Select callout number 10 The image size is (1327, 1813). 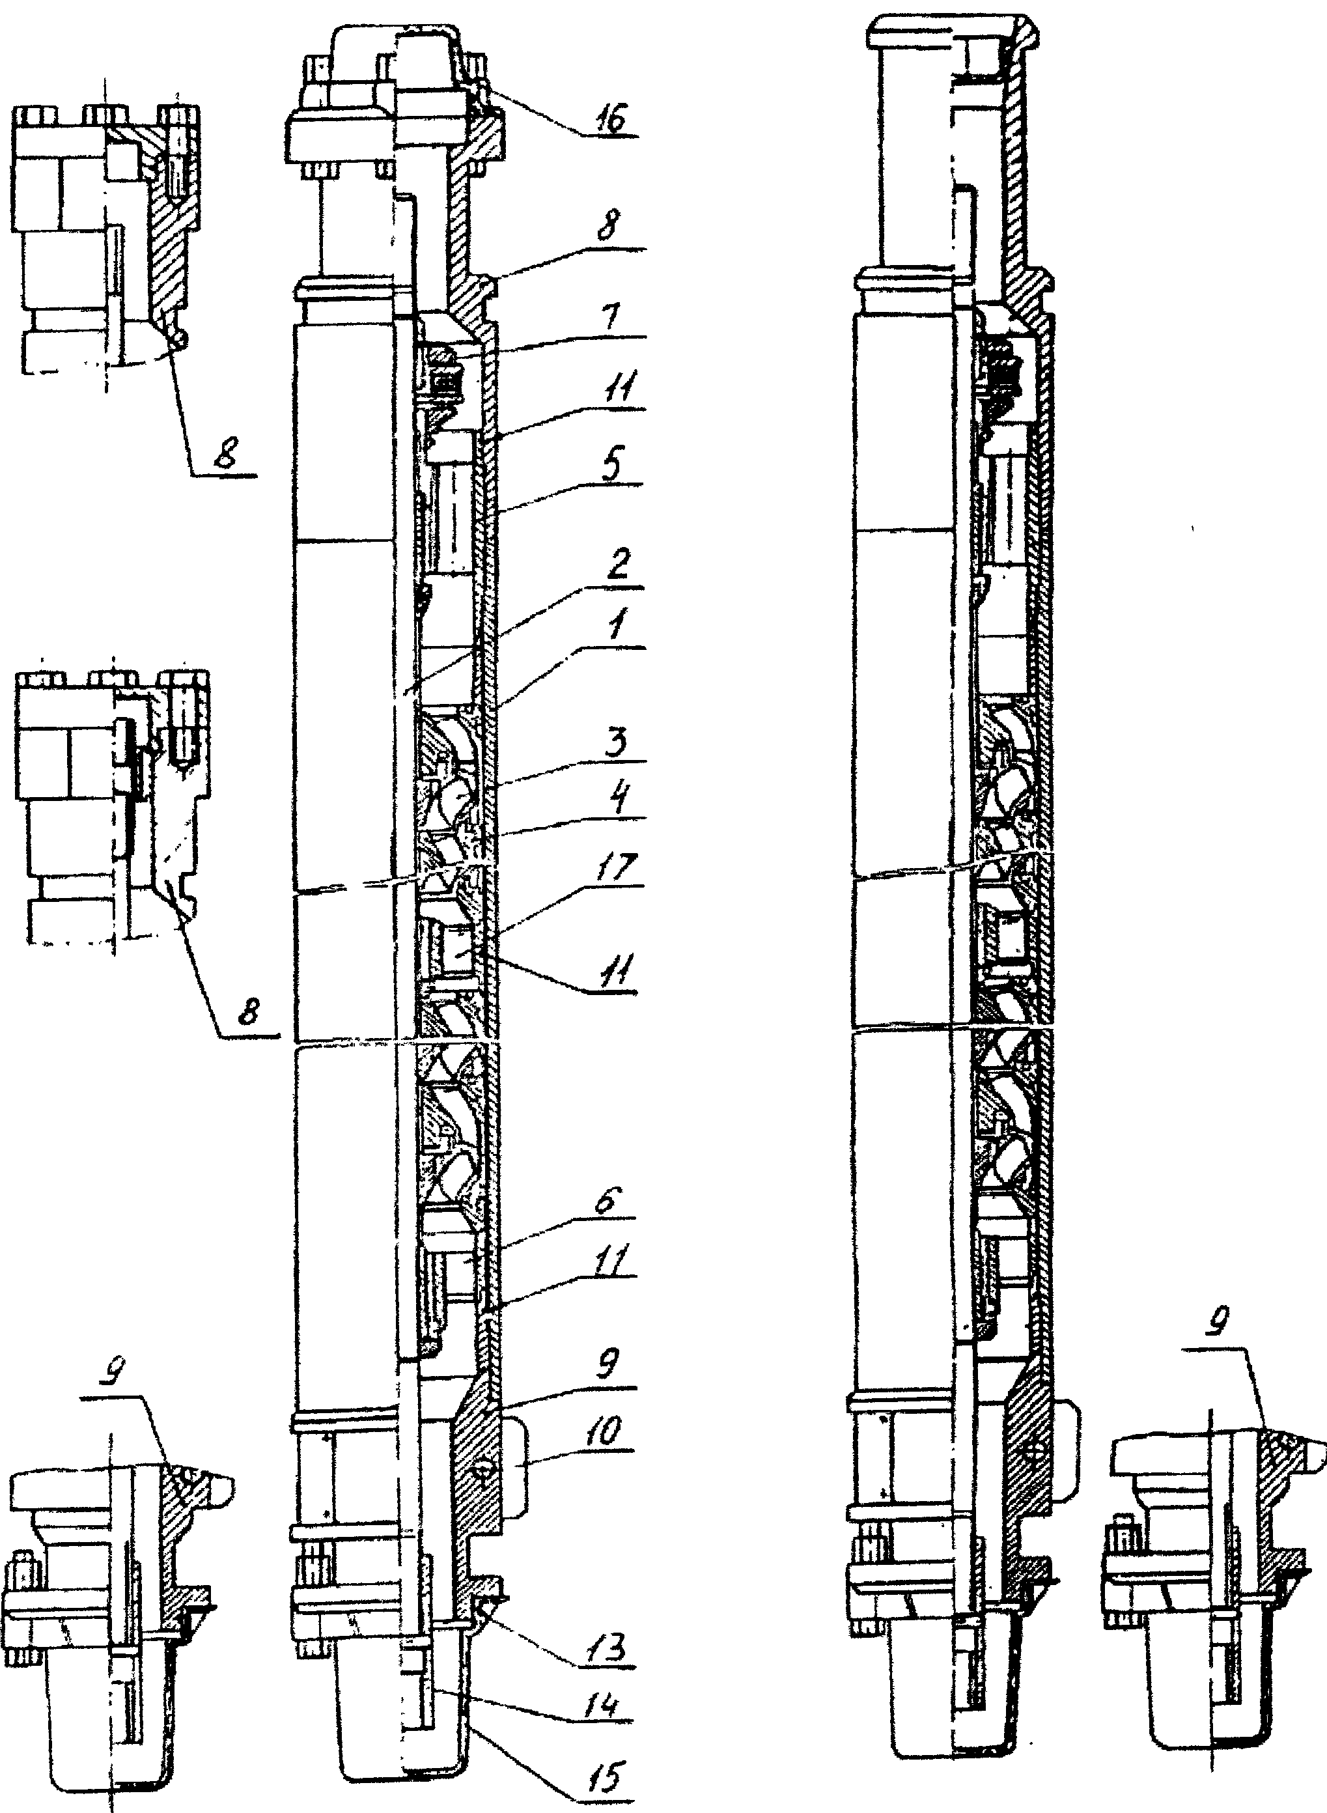tap(609, 1432)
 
